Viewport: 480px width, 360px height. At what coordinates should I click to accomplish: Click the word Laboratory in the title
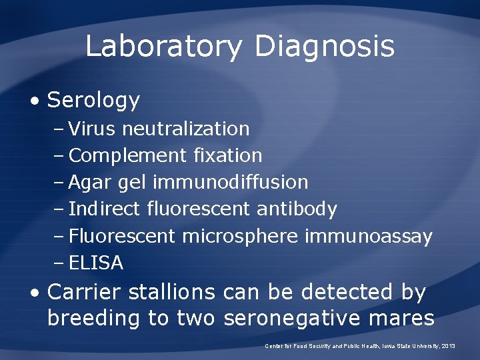pos(163,47)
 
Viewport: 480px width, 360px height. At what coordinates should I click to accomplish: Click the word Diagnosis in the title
pos(324,47)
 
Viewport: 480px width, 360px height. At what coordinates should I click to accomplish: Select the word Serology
pos(93,101)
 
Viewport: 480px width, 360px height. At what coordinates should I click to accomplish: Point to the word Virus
pos(92,128)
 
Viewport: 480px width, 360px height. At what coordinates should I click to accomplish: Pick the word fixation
pos(227,155)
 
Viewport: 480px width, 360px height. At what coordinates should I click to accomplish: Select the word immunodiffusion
pos(231,182)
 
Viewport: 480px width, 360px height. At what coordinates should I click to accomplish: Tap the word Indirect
pos(105,209)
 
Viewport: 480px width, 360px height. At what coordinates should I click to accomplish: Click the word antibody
pos(297,209)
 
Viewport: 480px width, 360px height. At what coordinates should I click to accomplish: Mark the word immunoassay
pos(369,236)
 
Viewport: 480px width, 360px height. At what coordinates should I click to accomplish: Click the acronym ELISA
pos(96,263)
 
